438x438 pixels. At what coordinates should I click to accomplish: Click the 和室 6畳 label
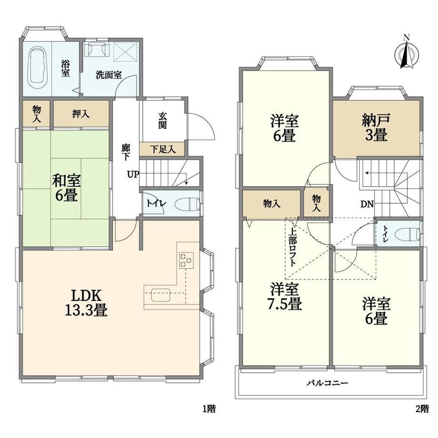[x=67, y=188]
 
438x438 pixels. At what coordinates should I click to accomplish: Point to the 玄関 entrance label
[x=162, y=120]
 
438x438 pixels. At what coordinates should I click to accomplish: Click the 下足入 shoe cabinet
[x=163, y=149]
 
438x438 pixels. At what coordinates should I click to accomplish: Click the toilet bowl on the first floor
[x=188, y=204]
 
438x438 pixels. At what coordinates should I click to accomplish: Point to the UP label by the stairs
[x=133, y=175]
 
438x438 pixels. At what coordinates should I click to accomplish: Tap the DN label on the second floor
[x=367, y=204]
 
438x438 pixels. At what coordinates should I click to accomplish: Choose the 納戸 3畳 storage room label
[x=376, y=128]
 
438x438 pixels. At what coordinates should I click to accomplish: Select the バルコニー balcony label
[x=328, y=383]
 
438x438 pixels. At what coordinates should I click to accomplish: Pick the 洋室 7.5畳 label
[x=284, y=297]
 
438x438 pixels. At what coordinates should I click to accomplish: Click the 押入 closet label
[x=81, y=114]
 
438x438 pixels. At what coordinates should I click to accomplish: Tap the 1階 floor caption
[x=209, y=409]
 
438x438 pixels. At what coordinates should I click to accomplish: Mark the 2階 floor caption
[x=422, y=409]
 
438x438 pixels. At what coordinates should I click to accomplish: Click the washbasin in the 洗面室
[x=97, y=50]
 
